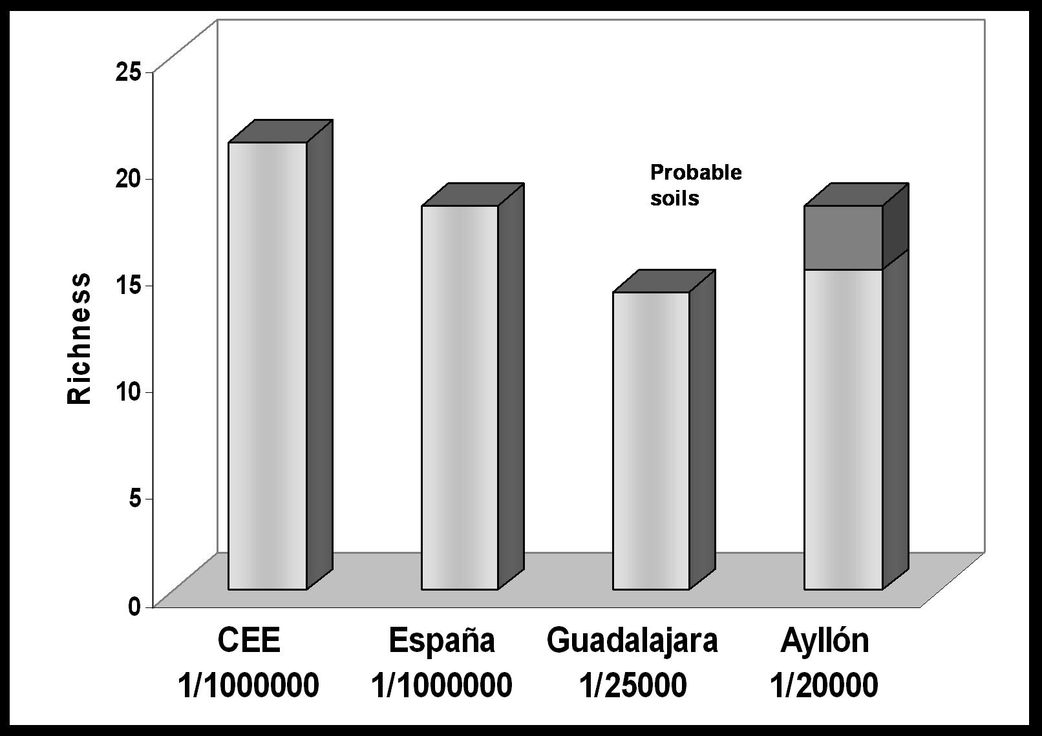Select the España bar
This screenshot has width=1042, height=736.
pos(460,397)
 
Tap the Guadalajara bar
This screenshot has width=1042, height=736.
pos(651,440)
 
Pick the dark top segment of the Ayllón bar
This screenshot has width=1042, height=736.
pos(843,237)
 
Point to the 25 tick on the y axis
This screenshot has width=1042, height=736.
pos(127,72)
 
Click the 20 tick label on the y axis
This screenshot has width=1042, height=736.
pos(127,178)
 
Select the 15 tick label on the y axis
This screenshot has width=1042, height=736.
pos(127,285)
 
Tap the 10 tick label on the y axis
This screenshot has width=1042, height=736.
pos(127,392)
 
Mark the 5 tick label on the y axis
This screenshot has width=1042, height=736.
pos(134,499)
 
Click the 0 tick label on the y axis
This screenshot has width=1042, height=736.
pos(134,606)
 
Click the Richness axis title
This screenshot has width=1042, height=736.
pos(80,339)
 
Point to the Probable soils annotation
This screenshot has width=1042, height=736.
pos(696,185)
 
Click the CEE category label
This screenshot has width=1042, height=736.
pos(249,640)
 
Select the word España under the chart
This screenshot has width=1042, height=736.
pos(441,640)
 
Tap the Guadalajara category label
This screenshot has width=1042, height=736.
pos(632,640)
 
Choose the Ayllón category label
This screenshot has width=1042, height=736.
pos(825,640)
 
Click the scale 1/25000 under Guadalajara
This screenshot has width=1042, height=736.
pos(632,686)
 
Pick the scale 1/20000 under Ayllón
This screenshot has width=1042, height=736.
pos(824,686)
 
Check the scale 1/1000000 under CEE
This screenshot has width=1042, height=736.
pos(249,686)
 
